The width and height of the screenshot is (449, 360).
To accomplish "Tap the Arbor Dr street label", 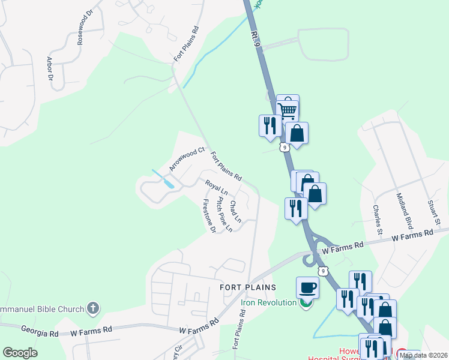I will [50, 68].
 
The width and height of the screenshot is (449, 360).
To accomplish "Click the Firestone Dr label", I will [209, 215].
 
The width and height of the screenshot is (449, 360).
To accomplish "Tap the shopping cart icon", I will [288, 109].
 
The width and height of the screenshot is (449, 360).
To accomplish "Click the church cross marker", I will [92, 309].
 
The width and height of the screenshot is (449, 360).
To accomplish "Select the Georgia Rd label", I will [39, 330].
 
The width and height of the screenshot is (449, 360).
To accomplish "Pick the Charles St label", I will [377, 219].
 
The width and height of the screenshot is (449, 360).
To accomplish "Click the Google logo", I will [20, 353].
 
